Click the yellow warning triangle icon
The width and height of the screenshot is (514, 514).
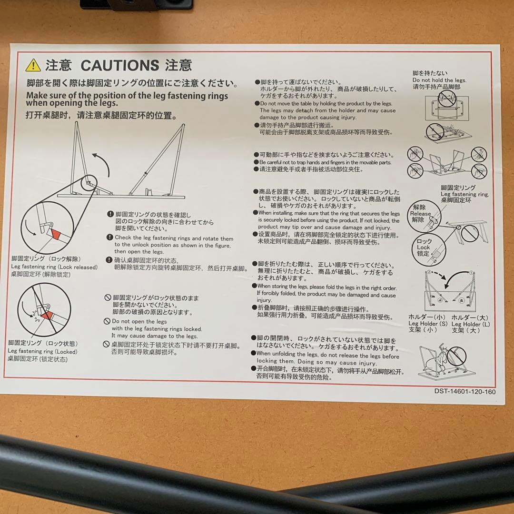(33, 65)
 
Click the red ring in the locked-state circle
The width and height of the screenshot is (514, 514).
(48, 316)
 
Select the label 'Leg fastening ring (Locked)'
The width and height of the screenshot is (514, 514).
(42, 352)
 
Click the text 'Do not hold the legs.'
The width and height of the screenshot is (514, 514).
(439, 80)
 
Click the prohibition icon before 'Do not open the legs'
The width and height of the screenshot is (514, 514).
(108, 322)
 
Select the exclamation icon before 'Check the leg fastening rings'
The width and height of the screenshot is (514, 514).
(110, 237)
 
